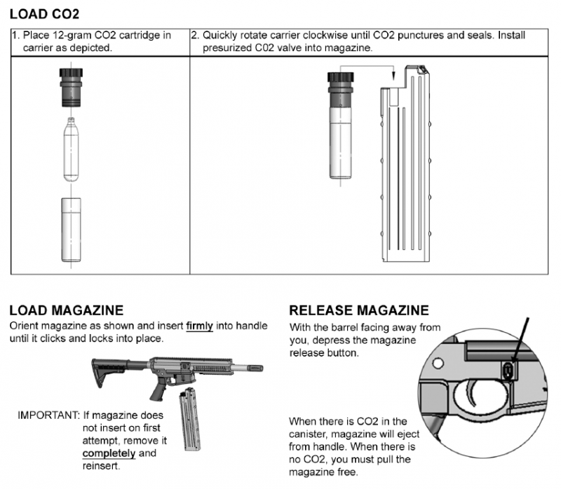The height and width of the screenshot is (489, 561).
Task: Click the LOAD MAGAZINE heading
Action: (67, 310)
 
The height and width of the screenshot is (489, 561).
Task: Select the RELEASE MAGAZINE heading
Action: (358, 310)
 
